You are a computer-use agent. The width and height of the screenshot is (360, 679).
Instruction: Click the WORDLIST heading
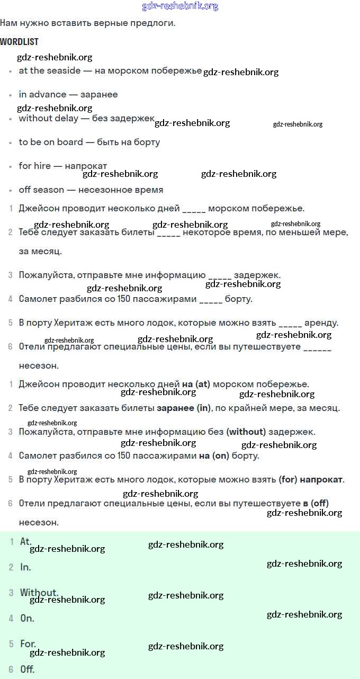(19, 42)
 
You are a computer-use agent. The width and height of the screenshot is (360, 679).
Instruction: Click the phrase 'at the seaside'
(50, 70)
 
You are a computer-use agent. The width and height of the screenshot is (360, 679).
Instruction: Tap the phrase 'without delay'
(48, 118)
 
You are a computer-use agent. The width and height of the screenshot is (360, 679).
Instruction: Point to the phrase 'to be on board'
(51, 142)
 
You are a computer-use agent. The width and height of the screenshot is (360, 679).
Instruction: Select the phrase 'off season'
(41, 190)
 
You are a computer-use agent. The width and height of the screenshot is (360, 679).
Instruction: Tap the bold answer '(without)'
(246, 432)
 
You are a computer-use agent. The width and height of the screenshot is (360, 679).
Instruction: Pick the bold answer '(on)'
(221, 455)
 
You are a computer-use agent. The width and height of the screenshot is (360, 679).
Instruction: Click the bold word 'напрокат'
(321, 479)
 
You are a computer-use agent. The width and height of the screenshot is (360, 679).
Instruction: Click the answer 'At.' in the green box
(26, 541)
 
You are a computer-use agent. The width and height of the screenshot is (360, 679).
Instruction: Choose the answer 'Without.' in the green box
(39, 592)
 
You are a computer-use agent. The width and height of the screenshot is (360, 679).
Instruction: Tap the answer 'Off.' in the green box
(28, 669)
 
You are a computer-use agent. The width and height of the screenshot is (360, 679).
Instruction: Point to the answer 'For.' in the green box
(28, 644)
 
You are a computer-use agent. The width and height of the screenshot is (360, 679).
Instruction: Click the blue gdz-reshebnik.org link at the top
(180, 6)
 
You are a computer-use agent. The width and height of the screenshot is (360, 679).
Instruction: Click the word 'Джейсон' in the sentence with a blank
(38, 208)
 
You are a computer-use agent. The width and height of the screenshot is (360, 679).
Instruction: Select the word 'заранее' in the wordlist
(99, 94)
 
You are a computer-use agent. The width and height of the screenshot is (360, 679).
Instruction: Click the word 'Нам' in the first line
(9, 23)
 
